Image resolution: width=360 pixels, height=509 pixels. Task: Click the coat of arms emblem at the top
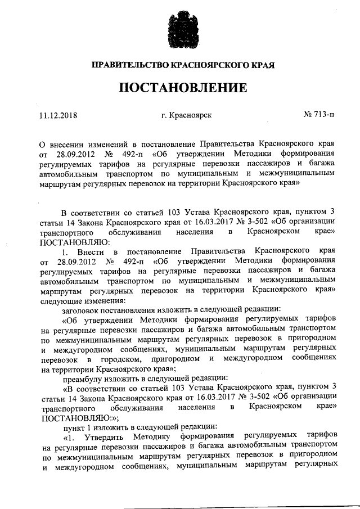[x=180, y=29]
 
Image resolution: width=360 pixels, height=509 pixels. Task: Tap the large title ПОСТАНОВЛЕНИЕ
[x=180, y=89]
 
